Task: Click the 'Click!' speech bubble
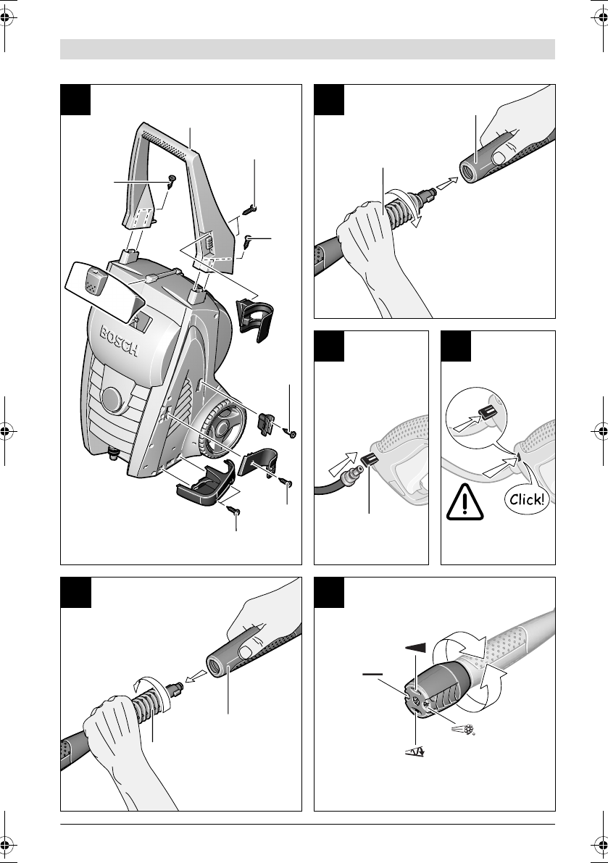[527, 499]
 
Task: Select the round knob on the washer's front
[114, 399]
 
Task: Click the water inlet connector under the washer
[114, 454]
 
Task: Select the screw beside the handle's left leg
[170, 182]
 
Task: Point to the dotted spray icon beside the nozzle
[463, 730]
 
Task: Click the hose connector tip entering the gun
[351, 473]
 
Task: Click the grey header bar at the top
[307, 49]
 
